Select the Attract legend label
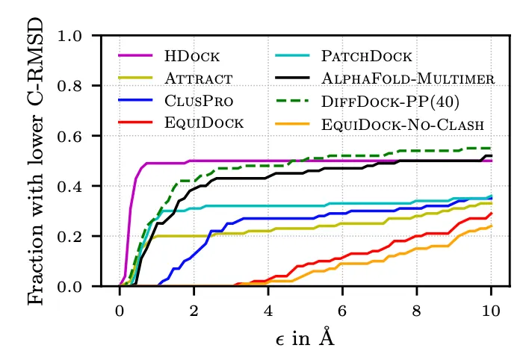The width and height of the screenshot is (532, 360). (x=199, y=78)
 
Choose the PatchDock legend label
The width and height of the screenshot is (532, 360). (x=366, y=56)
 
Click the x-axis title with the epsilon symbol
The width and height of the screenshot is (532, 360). (x=305, y=338)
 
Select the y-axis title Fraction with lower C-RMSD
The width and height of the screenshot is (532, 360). (x=36, y=160)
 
